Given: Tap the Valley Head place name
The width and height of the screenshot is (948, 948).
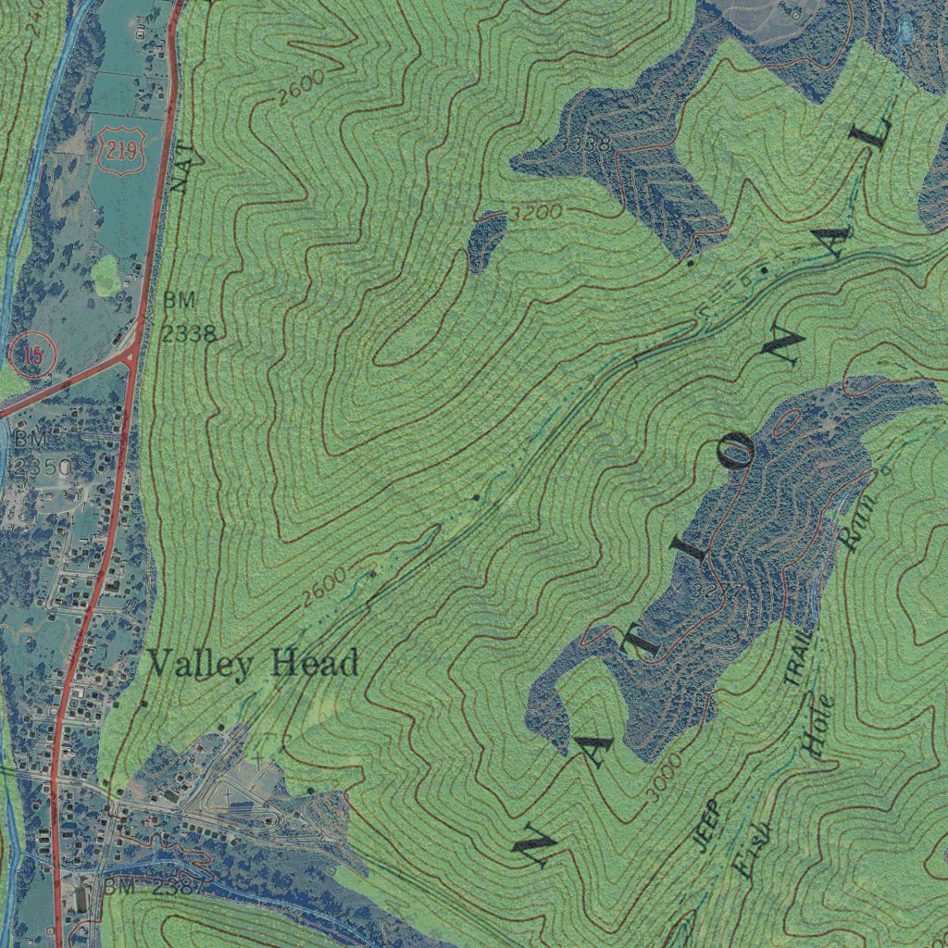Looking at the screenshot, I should (253, 663).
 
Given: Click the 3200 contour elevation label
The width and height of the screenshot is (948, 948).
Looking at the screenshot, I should (536, 212).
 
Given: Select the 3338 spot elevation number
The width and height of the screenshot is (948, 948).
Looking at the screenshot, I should (579, 143).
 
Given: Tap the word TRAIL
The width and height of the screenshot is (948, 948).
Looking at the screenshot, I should (800, 656).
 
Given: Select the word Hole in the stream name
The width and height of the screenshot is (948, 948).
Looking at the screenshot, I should (818, 726).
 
